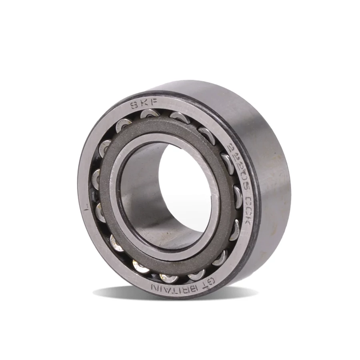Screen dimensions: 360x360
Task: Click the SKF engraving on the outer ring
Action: tap(143, 105)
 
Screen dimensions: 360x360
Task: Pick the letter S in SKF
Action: tap(134, 106)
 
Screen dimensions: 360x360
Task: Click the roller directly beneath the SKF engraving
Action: tap(150, 115)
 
